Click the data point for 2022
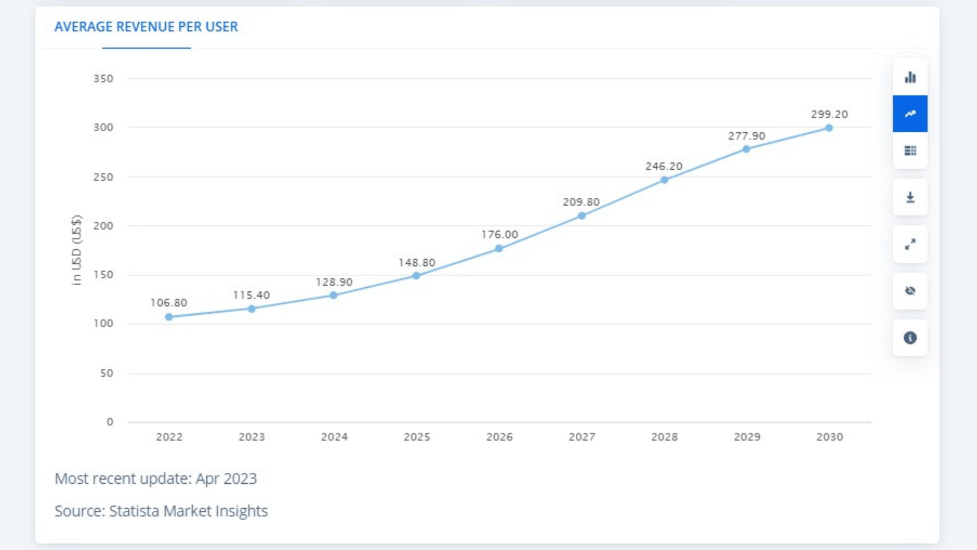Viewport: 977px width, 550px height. pyautogui.click(x=169, y=317)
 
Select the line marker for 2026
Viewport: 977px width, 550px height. pyautogui.click(x=499, y=249)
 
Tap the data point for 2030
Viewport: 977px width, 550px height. pyautogui.click(x=829, y=128)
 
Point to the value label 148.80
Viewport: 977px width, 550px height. pyautogui.click(x=417, y=263)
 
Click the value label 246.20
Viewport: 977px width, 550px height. pyautogui.click(x=664, y=166)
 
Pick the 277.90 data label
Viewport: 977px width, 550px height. pyautogui.click(x=747, y=136)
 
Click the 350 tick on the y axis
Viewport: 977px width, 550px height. pyautogui.click(x=103, y=79)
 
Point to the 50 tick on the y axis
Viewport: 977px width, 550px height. pyautogui.click(x=107, y=373)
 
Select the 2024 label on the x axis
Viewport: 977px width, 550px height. pyautogui.click(x=335, y=437)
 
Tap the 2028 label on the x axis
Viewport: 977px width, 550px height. pyautogui.click(x=665, y=437)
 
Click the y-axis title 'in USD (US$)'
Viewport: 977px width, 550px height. pyautogui.click(x=76, y=250)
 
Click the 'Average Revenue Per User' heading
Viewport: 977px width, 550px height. pyautogui.click(x=146, y=27)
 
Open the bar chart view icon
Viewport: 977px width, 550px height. pyautogui.click(x=910, y=77)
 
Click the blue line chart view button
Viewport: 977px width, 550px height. pyautogui.click(x=910, y=114)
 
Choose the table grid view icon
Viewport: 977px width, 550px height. pyautogui.click(x=910, y=151)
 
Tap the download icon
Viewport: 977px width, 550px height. pyautogui.click(x=910, y=197)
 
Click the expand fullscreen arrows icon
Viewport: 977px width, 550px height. pyautogui.click(x=910, y=244)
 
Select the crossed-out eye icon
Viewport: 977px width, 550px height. pyautogui.click(x=910, y=291)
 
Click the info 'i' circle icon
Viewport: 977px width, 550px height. pyautogui.click(x=910, y=338)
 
